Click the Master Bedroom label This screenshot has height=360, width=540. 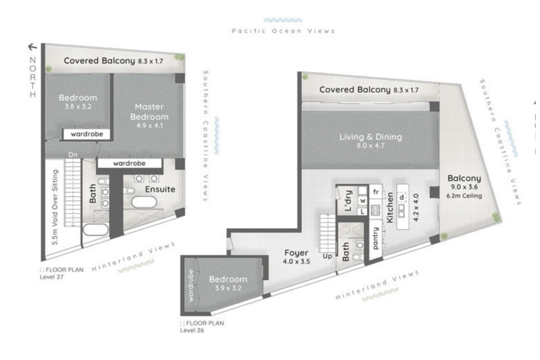pyautogui.click(x=149, y=112)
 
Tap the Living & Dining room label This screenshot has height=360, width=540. pyautogui.click(x=370, y=137)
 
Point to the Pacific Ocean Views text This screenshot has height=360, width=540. pyautogui.click(x=283, y=31)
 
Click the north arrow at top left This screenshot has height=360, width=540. pyautogui.click(x=33, y=47)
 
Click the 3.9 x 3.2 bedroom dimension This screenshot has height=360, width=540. pyautogui.click(x=228, y=288)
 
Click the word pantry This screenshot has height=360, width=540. pyautogui.click(x=375, y=238)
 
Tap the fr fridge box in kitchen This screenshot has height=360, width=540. pyautogui.click(x=375, y=192)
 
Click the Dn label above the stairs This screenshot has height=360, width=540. pyautogui.click(x=73, y=155)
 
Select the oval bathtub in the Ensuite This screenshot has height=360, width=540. pyautogui.click(x=144, y=202)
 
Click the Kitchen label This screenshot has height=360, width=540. pyautogui.click(x=391, y=208)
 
